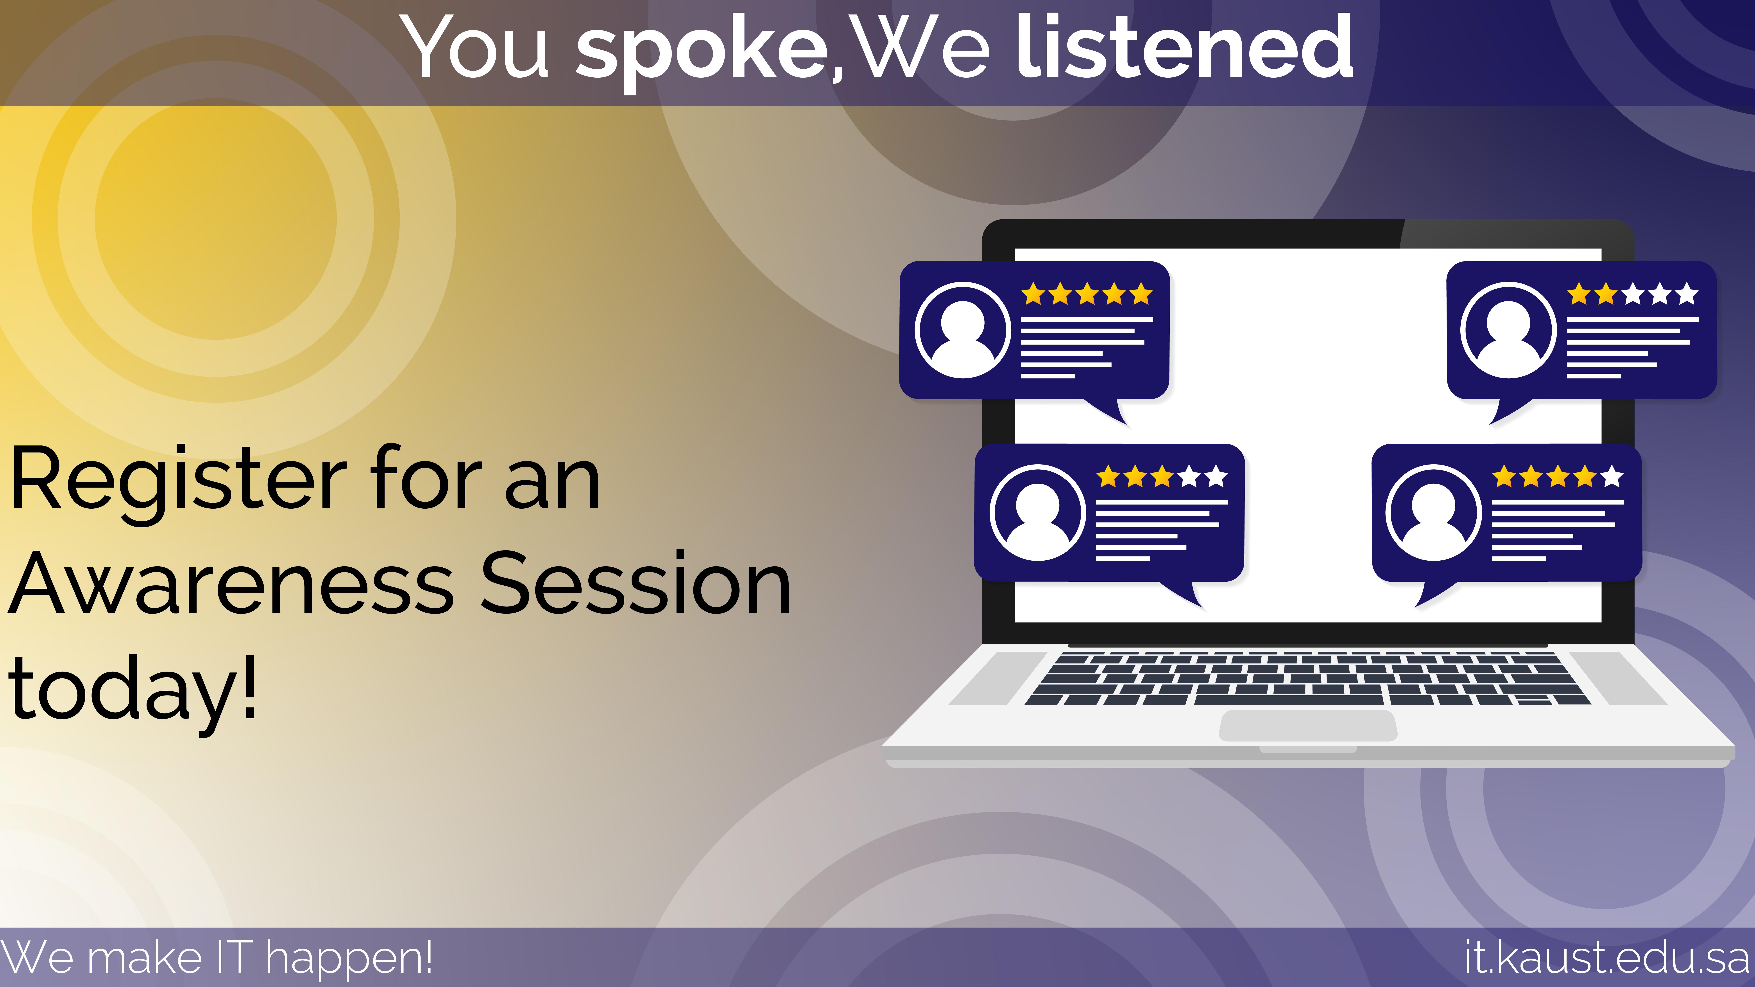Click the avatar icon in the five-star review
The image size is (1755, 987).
pyautogui.click(x=963, y=330)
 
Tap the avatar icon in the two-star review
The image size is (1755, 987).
pyautogui.click(x=1508, y=330)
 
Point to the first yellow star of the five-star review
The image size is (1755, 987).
pyautogui.click(x=1033, y=294)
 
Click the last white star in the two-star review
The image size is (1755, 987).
pyautogui.click(x=1686, y=294)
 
